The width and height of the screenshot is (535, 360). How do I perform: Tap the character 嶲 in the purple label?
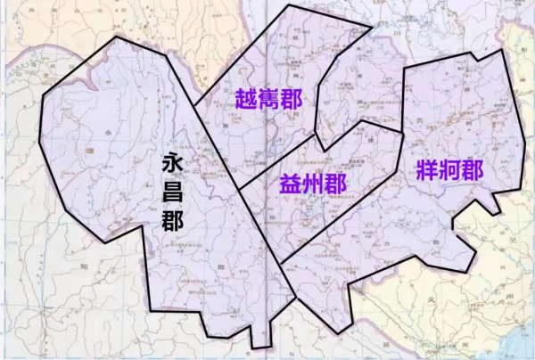pos(268,98)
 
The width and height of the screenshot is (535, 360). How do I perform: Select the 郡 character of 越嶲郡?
pos(292,98)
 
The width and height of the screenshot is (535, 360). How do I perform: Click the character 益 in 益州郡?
pos(290,184)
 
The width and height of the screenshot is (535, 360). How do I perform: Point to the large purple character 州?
pos(312,184)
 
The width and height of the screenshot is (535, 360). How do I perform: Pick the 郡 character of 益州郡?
pos(335,184)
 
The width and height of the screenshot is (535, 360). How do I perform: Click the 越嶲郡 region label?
pos(268,98)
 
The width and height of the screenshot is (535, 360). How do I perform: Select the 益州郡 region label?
pos(312,184)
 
